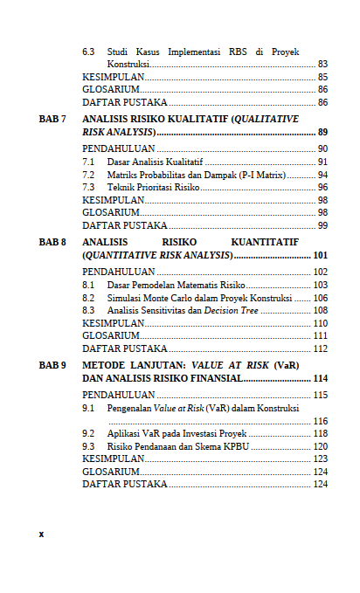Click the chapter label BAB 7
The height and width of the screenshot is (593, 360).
[x=52, y=118]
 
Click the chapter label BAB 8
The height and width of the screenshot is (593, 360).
[x=52, y=242]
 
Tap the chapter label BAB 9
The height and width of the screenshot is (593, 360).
[x=52, y=366]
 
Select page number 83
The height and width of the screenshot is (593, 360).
[x=322, y=64]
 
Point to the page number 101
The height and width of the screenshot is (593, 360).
[x=320, y=255]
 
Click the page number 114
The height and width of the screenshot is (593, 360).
[x=320, y=379]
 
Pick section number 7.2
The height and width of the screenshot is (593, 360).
[x=89, y=175]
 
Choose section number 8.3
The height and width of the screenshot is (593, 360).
[x=89, y=310]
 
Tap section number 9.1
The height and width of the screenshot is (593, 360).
[x=89, y=408]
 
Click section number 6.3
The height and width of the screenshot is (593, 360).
[x=89, y=52]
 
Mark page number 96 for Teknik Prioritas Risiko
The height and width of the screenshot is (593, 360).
[x=322, y=187]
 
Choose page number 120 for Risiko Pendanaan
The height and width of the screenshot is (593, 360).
[x=320, y=445]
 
